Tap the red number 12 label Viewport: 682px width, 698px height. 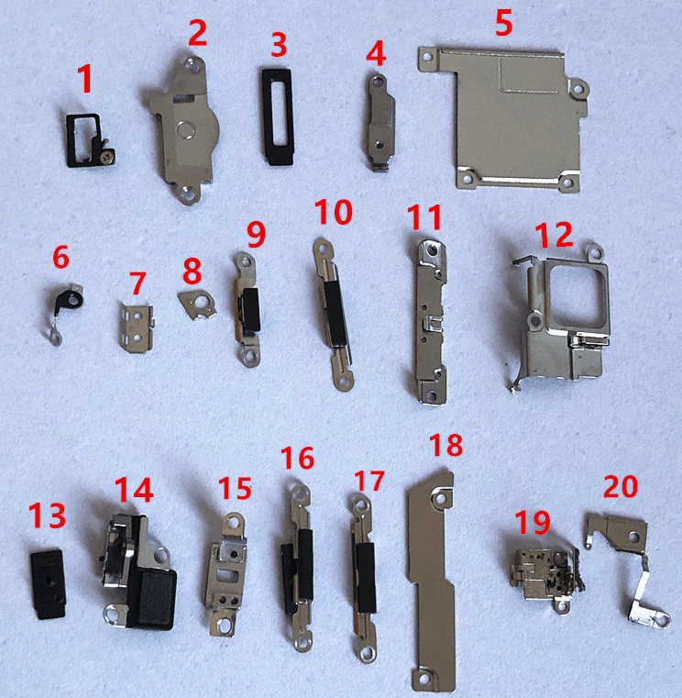pyautogui.click(x=554, y=235)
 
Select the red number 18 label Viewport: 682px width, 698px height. pyautogui.click(x=445, y=444)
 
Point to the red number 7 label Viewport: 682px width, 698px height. pyautogui.click(x=137, y=283)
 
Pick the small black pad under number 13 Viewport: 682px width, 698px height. pyautogui.click(x=48, y=584)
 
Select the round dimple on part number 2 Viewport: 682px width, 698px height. pyautogui.click(x=185, y=130)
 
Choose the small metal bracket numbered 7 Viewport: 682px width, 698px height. pyautogui.click(x=137, y=328)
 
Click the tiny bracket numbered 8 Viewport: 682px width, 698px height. pyautogui.click(x=197, y=305)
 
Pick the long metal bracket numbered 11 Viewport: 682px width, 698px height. pyautogui.click(x=430, y=322)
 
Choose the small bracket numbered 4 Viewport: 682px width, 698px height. pyautogui.click(x=379, y=122)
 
